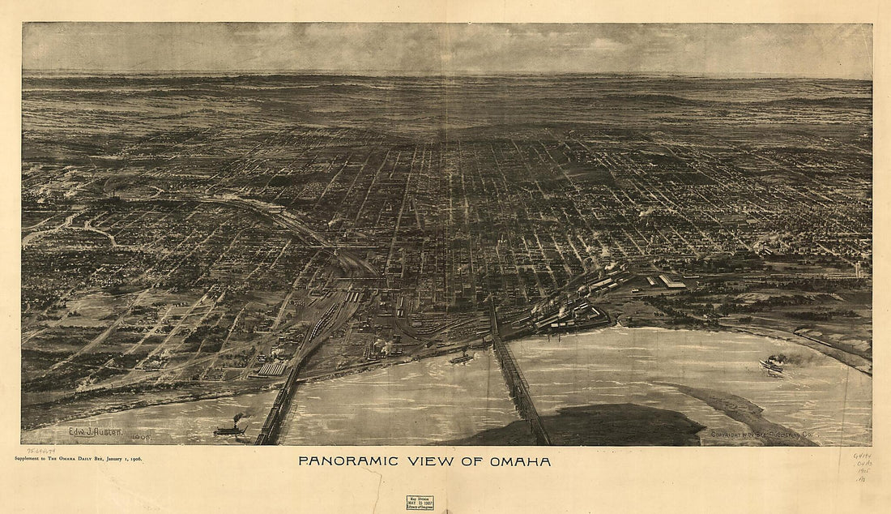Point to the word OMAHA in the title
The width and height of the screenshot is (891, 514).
520,461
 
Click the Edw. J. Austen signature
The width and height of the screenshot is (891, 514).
95,432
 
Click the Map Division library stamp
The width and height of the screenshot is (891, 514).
420,502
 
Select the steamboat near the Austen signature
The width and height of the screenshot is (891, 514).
230,430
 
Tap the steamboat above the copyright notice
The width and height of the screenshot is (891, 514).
771,366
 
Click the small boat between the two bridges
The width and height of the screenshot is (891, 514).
463,358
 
